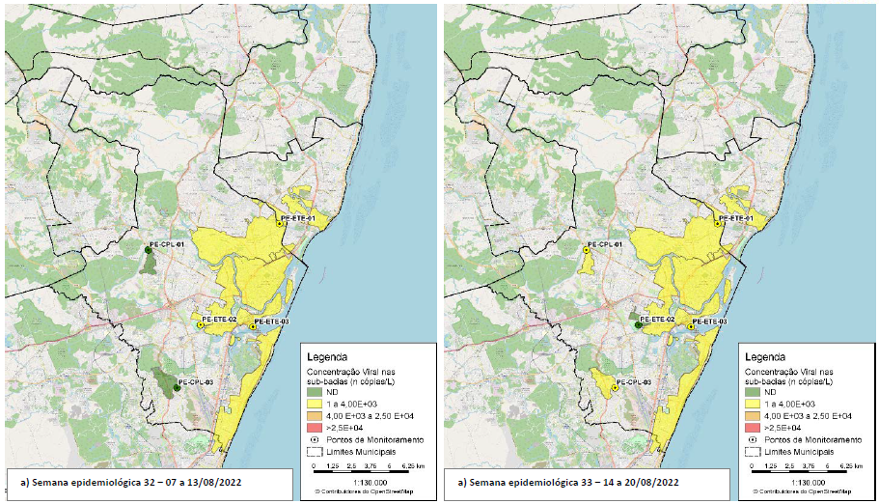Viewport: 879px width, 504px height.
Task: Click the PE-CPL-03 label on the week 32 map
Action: [196, 382]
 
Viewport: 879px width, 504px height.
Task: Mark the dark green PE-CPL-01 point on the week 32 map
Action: [148, 249]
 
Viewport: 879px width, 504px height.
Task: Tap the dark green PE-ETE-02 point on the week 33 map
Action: [639, 326]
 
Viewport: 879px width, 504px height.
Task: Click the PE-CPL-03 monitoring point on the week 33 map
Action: [616, 390]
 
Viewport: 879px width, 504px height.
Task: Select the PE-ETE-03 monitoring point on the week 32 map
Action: [253, 328]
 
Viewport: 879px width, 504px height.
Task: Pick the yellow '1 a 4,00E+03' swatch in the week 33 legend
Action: [753, 405]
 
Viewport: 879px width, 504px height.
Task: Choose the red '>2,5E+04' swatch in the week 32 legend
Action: [314, 426]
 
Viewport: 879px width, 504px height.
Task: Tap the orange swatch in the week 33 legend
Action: [753, 415]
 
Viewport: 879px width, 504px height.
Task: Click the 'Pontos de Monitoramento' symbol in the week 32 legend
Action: [314, 439]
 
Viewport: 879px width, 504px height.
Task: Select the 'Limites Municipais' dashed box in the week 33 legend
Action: [753, 451]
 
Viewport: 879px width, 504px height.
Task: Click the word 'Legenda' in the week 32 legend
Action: [326, 356]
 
